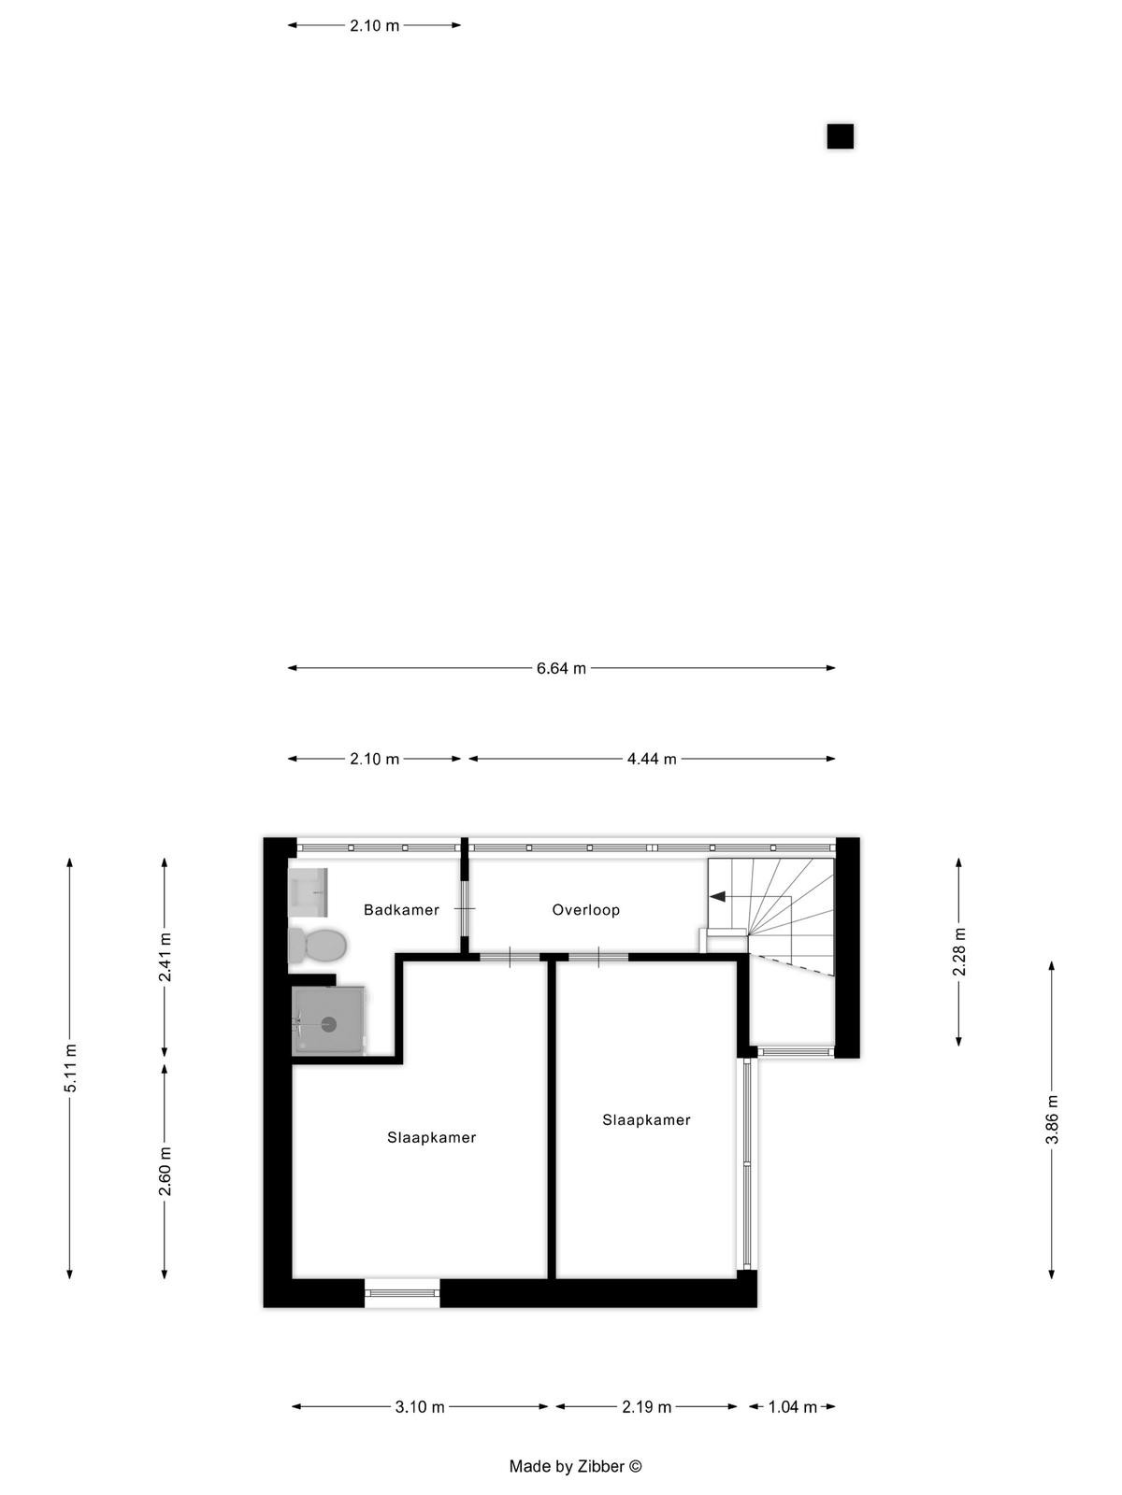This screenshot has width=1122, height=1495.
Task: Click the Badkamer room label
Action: pyautogui.click(x=401, y=910)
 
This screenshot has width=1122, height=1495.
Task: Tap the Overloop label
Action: pyautogui.click(x=586, y=910)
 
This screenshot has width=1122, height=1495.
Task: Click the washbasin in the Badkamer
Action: pyautogui.click(x=309, y=892)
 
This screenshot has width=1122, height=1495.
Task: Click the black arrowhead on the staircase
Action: pyautogui.click(x=717, y=896)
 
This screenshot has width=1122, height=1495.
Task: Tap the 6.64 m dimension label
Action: pyautogui.click(x=561, y=668)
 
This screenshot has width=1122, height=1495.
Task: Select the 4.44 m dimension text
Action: pyautogui.click(x=652, y=759)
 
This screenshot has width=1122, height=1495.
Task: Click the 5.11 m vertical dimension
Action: pyautogui.click(x=70, y=1067)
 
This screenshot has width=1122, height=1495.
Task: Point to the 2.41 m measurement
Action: pyautogui.click(x=165, y=957)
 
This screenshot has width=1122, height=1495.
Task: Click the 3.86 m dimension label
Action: pyautogui.click(x=1053, y=1120)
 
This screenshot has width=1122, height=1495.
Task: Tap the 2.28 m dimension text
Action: pyautogui.click(x=959, y=951)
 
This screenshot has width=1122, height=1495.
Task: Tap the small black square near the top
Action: pyautogui.click(x=840, y=136)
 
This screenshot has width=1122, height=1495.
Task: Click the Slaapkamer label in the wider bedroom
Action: pyautogui.click(x=431, y=1137)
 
